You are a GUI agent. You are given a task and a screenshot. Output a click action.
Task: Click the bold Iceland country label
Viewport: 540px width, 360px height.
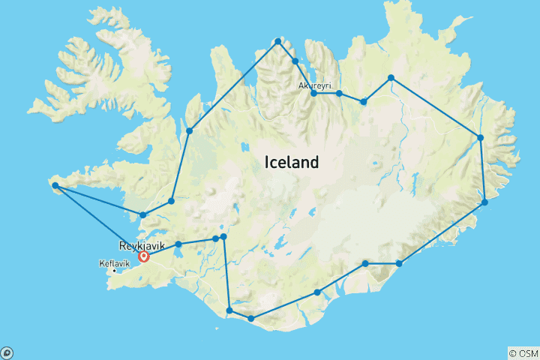(x=291, y=162)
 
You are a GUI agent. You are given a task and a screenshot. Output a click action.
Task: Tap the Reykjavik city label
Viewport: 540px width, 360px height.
(x=142, y=246)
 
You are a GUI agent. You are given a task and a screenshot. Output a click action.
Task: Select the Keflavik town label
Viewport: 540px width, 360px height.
(x=114, y=264)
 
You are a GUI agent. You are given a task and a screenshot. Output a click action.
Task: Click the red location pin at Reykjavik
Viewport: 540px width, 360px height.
(x=144, y=257)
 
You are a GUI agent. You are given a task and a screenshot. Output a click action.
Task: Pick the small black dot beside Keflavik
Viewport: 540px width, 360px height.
(x=114, y=271)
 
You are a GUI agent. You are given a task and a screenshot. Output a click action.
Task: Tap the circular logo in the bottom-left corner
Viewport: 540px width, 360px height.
(x=7, y=352)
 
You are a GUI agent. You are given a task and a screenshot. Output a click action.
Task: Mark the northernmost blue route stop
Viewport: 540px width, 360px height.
(x=278, y=41)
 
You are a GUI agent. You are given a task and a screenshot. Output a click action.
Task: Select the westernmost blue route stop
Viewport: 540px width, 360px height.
(x=55, y=185)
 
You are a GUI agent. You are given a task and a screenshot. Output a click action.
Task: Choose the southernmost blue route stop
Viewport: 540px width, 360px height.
(x=250, y=319)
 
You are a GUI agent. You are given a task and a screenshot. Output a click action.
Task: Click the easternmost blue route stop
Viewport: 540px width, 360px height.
(x=485, y=202)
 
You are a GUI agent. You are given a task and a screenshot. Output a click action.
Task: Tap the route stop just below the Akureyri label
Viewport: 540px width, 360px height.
(x=313, y=93)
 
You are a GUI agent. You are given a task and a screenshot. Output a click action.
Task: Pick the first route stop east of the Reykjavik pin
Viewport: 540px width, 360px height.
(x=178, y=244)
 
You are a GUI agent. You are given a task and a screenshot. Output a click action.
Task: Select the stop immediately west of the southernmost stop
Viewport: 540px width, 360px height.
(x=229, y=310)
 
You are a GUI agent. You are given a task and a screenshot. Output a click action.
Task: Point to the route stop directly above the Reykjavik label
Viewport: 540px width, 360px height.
(x=143, y=215)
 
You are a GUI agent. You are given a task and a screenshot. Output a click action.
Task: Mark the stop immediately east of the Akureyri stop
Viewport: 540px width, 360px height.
(x=339, y=93)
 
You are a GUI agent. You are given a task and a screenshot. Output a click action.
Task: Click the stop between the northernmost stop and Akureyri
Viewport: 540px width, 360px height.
(x=295, y=61)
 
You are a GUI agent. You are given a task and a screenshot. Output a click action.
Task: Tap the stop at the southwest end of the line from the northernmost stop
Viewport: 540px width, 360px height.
(x=189, y=131)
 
